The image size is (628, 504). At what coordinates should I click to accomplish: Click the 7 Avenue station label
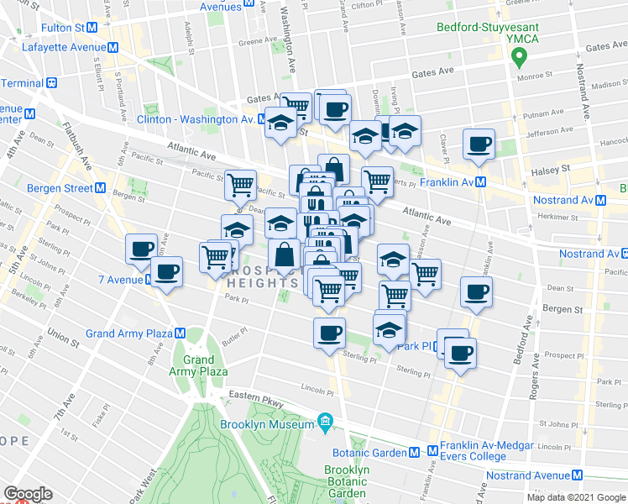click(123, 279)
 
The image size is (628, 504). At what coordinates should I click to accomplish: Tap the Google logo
click(28, 494)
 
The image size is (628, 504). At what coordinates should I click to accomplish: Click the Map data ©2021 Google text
click(575, 497)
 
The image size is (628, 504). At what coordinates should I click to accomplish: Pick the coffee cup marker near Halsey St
click(479, 144)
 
